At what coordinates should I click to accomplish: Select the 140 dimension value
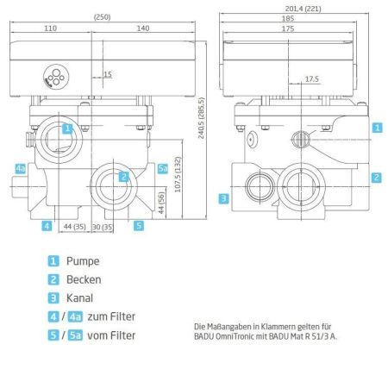pos(141,28)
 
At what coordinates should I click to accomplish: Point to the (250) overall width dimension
pos(102,16)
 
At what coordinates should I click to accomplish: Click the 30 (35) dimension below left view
pos(103,228)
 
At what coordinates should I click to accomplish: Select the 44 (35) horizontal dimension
pos(75,228)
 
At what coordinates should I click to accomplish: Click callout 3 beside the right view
pos(222,199)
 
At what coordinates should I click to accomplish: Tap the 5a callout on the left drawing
pos(163,169)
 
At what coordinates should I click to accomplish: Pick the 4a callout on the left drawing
pos(21,168)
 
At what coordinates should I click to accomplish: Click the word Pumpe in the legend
pos(83,260)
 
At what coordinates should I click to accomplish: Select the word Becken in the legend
pos(84,279)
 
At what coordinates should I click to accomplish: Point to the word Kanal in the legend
pos(81,298)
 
